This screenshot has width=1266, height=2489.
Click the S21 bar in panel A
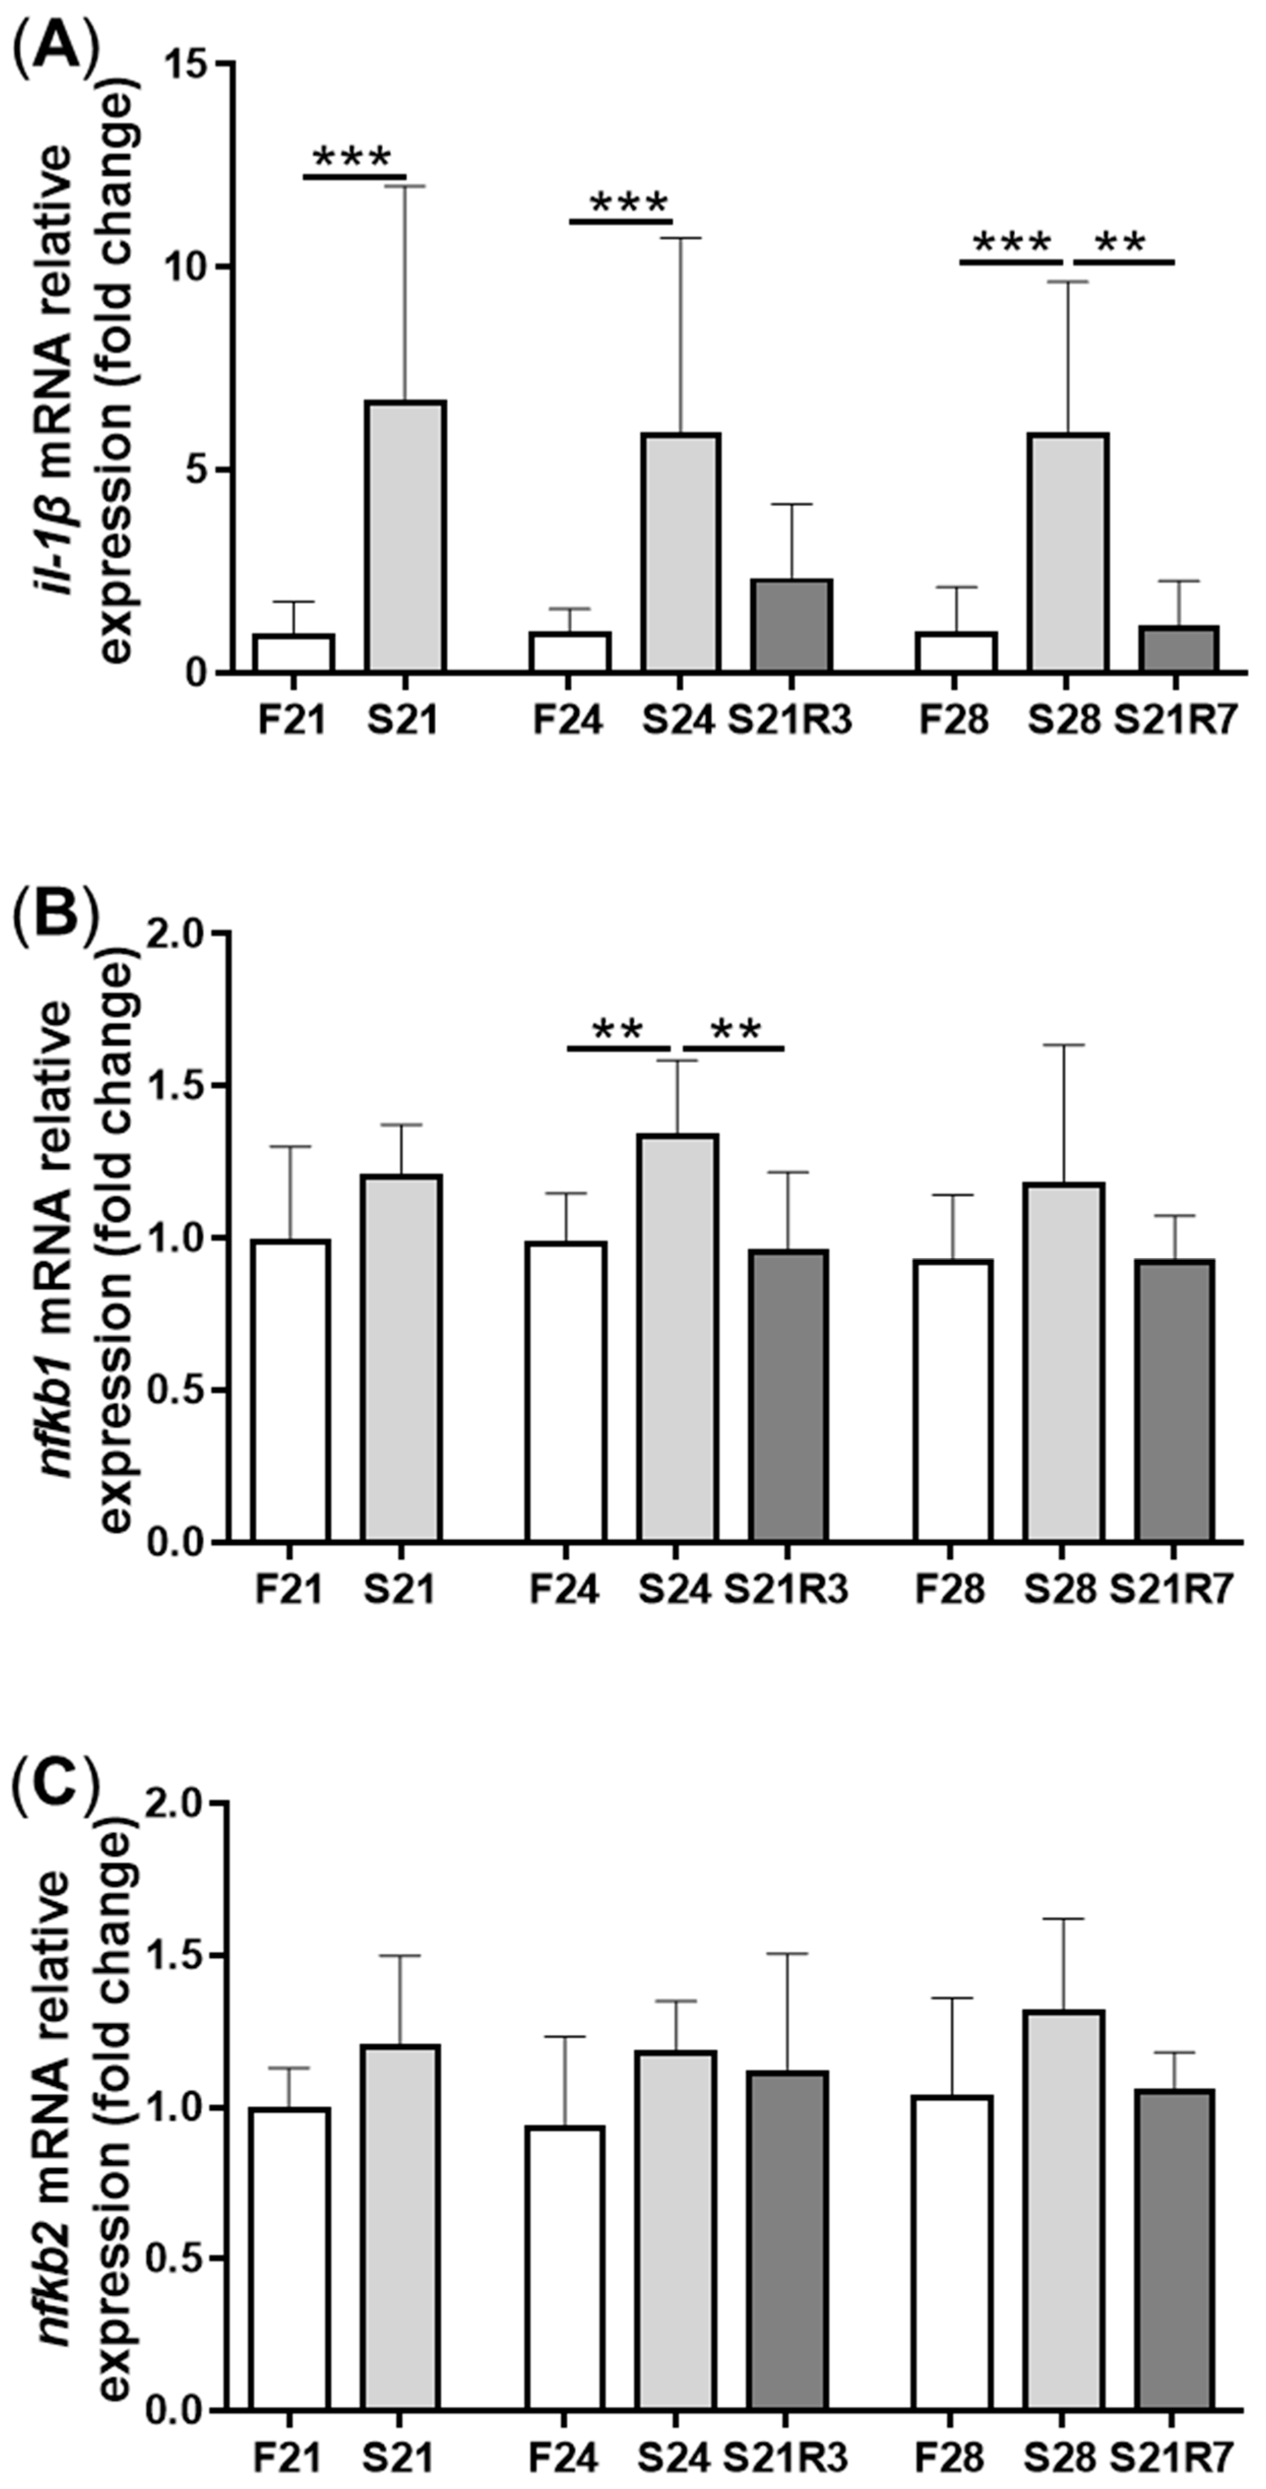point(405,536)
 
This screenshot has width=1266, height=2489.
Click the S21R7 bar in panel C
point(1175,2251)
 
